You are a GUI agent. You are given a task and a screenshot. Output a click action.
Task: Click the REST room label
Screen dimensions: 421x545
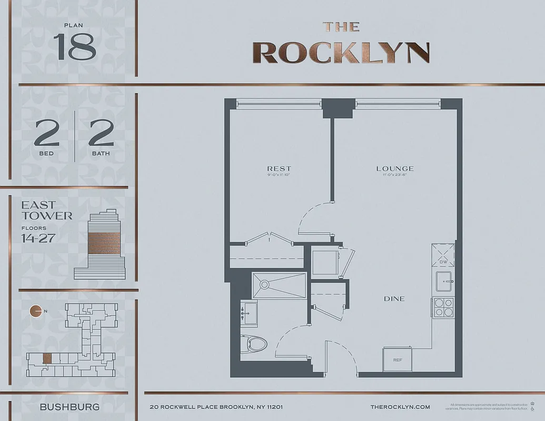(279, 168)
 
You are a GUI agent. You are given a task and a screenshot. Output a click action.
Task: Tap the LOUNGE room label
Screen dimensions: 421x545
(394, 168)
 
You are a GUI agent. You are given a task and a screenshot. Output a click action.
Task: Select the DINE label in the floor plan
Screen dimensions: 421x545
(394, 298)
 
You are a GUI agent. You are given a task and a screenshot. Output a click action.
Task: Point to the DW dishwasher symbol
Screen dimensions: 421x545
(443, 256)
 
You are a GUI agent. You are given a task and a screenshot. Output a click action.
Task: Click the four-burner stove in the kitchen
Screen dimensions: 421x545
(442, 307)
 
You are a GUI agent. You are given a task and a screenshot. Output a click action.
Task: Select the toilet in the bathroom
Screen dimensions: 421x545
(254, 345)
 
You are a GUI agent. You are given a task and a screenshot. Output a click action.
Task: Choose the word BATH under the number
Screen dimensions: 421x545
(102, 153)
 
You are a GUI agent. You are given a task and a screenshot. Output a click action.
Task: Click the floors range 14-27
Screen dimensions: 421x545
(38, 238)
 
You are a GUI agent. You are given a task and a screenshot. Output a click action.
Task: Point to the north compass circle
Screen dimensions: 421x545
(36, 311)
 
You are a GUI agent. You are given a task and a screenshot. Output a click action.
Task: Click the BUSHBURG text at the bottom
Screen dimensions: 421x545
(70, 407)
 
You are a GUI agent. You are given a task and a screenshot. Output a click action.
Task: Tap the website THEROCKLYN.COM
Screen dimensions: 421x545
(400, 407)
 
